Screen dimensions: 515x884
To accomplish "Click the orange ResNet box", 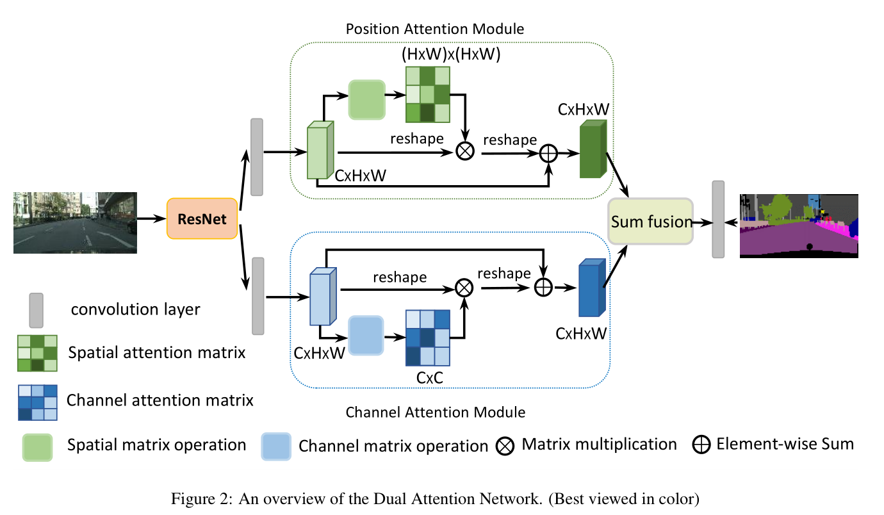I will click(202, 218).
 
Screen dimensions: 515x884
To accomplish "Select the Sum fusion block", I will click(651, 221).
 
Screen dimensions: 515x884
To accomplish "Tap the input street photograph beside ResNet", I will click(76, 222).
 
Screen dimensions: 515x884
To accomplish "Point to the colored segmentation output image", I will click(799, 225).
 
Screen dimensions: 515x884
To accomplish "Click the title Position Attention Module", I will click(435, 29).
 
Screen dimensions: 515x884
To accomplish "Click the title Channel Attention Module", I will click(435, 412).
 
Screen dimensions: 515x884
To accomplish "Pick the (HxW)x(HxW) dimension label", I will click(450, 54).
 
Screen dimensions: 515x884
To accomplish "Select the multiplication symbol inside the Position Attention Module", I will click(464, 151).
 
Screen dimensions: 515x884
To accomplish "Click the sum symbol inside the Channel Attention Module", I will click(543, 288).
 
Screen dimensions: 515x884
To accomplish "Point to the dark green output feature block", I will click(593, 150).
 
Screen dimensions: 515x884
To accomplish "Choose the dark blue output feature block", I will click(591, 289).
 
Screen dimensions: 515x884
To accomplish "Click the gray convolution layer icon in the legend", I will click(36, 309).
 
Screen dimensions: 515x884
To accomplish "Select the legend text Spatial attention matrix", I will click(157, 352).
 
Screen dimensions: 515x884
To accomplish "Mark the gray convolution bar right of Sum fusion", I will click(718, 219).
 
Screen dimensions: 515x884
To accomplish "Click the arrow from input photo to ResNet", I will click(152, 219).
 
